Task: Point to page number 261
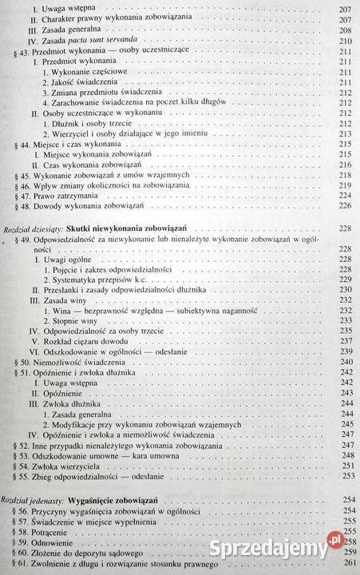pos(345,566)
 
